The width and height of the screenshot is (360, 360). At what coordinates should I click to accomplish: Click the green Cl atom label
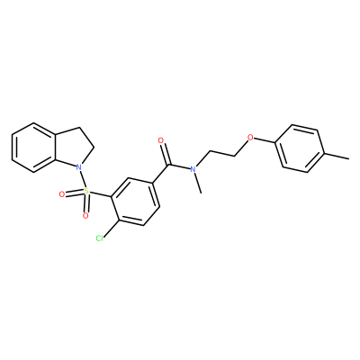pyautogui.click(x=99, y=238)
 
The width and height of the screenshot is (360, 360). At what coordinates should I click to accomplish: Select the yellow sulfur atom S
pyautogui.click(x=86, y=191)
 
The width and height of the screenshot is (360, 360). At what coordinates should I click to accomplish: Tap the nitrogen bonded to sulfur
pyautogui.click(x=78, y=166)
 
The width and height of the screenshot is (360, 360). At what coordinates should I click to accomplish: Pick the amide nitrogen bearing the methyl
pyautogui.click(x=193, y=169)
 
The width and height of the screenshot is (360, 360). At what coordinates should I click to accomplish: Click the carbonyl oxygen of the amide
pyautogui.click(x=161, y=140)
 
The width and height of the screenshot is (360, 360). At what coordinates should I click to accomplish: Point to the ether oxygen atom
pyautogui.click(x=249, y=139)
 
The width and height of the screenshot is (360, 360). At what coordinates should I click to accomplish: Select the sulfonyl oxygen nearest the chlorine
pyautogui.click(x=85, y=215)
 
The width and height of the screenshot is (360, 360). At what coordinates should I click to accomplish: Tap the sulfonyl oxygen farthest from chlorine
pyautogui.click(x=62, y=194)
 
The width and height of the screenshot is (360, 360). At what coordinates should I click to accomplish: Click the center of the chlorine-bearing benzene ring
pyautogui.click(x=136, y=202)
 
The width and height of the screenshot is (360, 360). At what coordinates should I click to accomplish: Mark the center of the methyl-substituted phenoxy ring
pyautogui.click(x=300, y=148)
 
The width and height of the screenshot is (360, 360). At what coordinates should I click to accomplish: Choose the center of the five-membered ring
pyautogui.click(x=71, y=148)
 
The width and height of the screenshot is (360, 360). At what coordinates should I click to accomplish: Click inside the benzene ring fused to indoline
pyautogui.click(x=33, y=148)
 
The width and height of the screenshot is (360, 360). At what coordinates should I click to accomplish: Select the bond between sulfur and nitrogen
pyautogui.click(x=83, y=178)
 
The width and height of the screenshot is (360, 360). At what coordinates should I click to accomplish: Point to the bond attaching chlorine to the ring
pyautogui.click(x=112, y=229)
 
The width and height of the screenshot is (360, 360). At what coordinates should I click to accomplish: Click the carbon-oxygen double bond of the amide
pyautogui.click(x=166, y=153)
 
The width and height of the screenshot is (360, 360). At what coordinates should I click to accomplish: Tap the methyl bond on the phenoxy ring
pyautogui.click(x=337, y=156)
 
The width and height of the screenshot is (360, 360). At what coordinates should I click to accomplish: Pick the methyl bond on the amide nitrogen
pyautogui.click(x=198, y=184)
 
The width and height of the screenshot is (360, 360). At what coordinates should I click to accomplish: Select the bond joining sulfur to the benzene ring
pyautogui.click(x=101, y=193)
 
